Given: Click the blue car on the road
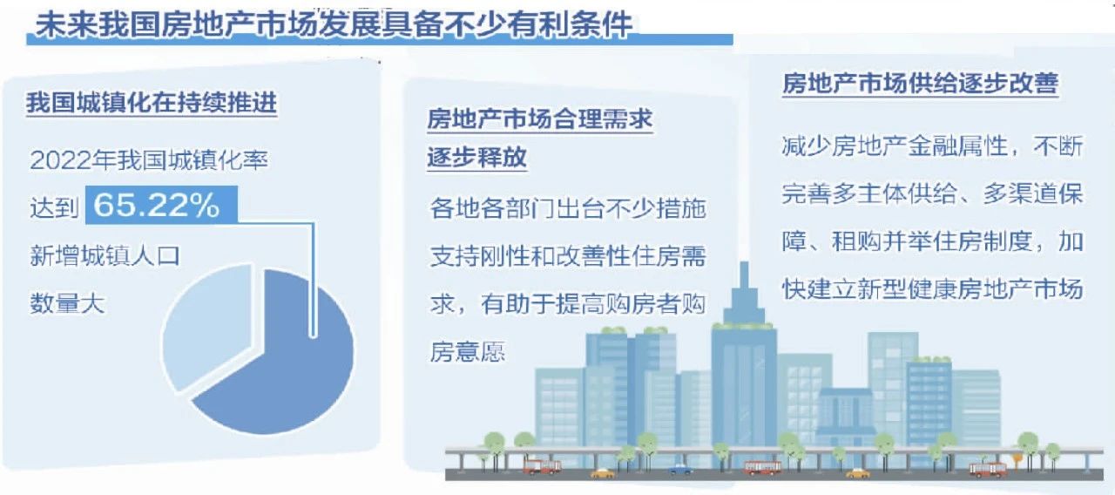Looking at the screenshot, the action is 680,469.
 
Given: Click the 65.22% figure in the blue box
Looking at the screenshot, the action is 156,205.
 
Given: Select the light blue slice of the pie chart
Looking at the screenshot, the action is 207,326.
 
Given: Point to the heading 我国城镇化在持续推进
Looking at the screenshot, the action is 152,103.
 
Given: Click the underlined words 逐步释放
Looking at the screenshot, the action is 476,157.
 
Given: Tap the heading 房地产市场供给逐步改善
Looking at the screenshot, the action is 920,83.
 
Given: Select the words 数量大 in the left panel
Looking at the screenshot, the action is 67,302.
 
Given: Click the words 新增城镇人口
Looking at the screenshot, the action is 105,255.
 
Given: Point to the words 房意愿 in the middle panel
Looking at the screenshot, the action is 468,351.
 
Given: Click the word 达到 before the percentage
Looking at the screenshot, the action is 54,207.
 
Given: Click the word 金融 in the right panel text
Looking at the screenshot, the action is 932,146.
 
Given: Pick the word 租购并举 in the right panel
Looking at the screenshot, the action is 882,241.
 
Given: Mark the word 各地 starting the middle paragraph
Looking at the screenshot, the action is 455,208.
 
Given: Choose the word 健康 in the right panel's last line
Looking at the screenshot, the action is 932,288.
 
